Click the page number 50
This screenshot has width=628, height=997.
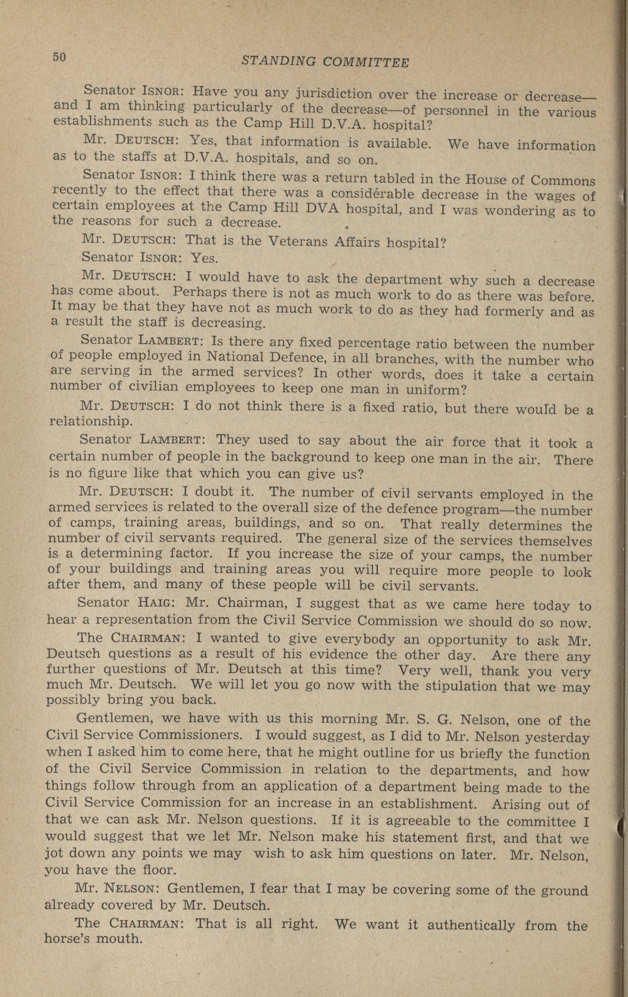(x=59, y=57)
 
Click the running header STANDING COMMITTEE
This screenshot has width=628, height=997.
(x=325, y=61)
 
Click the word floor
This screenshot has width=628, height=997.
(x=157, y=869)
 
